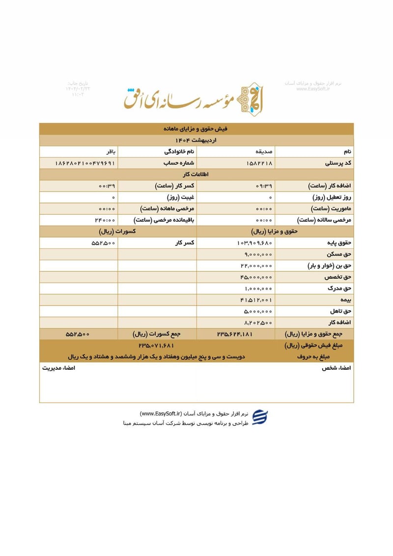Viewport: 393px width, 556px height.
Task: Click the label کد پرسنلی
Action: coord(338,163)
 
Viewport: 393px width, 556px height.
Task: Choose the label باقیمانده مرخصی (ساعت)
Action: coord(164,220)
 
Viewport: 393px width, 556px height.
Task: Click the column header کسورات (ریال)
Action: coord(117,231)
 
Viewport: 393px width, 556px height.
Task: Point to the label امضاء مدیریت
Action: coord(58,368)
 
